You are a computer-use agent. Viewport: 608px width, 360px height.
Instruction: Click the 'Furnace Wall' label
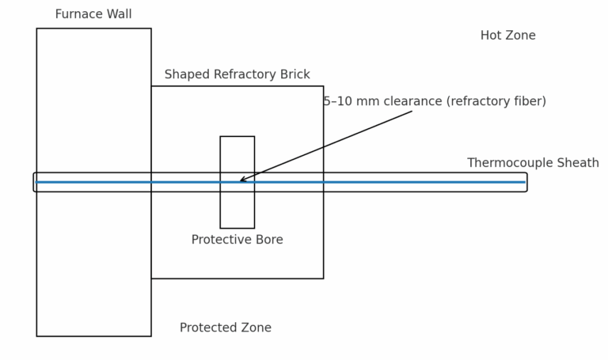point(93,14)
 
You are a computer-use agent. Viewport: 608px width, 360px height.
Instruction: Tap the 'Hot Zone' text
point(507,36)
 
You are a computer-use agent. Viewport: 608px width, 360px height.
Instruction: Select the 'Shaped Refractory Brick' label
point(237,74)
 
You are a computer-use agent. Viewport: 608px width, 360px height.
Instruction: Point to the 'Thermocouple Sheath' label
point(533,163)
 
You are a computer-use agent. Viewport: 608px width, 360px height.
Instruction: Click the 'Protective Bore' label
point(237,240)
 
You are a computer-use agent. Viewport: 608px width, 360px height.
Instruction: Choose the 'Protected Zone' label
point(225,328)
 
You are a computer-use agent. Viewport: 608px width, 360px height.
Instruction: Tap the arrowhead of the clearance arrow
point(242,180)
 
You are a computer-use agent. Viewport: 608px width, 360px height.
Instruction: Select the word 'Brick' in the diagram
point(293,74)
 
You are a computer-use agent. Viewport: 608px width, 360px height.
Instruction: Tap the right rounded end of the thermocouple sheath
point(525,182)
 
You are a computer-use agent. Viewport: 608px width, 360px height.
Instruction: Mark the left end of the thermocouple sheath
point(36,182)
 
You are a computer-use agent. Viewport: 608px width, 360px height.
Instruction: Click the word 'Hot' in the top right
point(492,36)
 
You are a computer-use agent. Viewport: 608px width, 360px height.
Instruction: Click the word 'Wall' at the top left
point(118,14)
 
